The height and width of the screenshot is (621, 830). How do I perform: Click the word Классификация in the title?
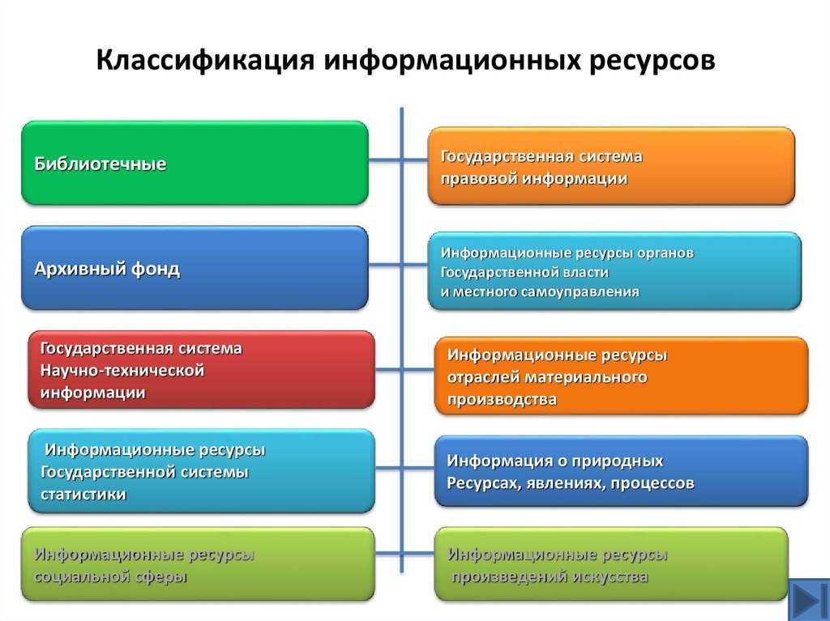click(x=207, y=62)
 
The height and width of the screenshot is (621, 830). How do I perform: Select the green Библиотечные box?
click(x=195, y=163)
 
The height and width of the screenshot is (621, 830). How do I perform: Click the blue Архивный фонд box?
click(x=195, y=269)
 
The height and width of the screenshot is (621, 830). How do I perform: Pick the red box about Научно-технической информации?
click(x=202, y=370)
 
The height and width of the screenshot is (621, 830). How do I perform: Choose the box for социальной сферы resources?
click(x=198, y=564)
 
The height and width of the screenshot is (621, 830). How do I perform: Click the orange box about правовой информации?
click(x=611, y=166)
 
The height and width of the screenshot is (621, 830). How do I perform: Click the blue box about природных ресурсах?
click(x=621, y=471)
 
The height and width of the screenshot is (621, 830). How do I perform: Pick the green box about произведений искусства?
click(x=611, y=564)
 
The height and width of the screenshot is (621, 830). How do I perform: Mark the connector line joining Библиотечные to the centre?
click(x=385, y=160)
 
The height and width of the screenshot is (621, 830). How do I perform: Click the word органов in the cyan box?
click(x=666, y=253)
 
